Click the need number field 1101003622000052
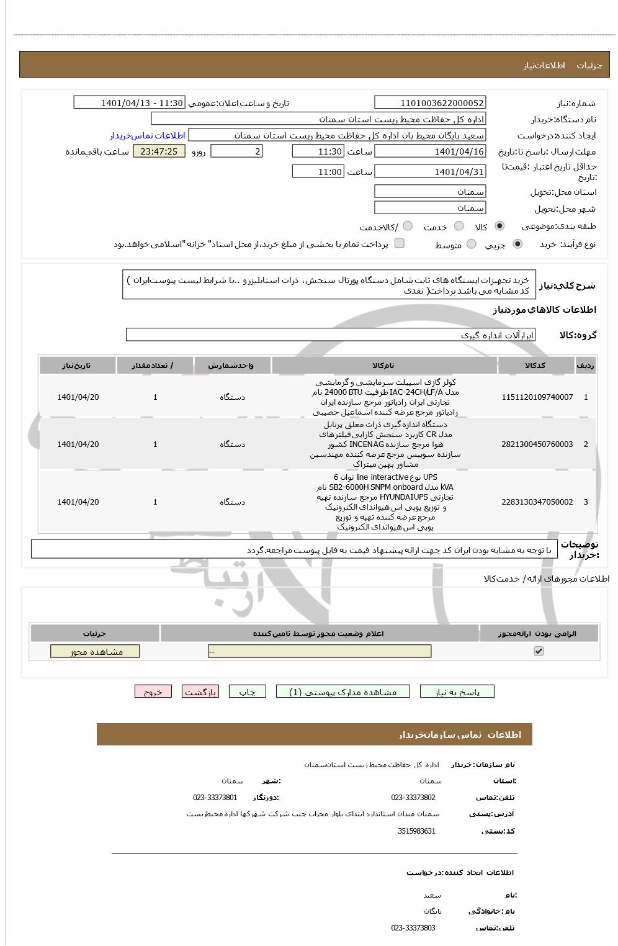(430, 103)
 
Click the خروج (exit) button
(153, 691)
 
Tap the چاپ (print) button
(247, 691)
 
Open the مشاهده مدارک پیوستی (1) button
(343, 691)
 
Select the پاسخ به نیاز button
(457, 691)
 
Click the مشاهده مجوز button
(95, 651)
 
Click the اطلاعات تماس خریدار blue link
(148, 135)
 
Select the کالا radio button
(499, 227)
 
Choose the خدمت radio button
(459, 227)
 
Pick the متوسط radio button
(472, 245)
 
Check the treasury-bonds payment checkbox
(400, 243)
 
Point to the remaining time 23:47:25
(159, 151)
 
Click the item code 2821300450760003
(537, 444)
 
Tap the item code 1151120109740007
(537, 397)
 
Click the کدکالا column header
(535, 366)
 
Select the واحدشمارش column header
(232, 366)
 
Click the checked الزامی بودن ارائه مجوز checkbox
(539, 651)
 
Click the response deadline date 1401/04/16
(430, 151)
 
